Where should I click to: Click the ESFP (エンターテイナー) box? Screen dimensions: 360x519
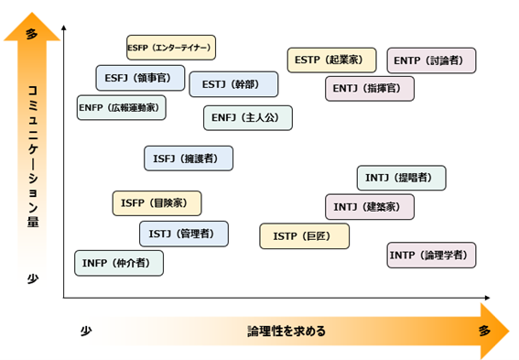[x=170, y=47]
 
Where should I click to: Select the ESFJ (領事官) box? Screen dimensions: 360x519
[x=140, y=79]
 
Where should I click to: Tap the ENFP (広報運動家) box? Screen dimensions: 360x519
[x=122, y=108]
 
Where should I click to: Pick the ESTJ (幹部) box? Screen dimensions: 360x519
[x=233, y=84]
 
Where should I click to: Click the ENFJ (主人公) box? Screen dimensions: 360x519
[x=247, y=118]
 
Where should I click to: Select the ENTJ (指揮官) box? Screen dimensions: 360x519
[x=369, y=89]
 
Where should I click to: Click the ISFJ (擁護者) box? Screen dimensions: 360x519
[x=189, y=158]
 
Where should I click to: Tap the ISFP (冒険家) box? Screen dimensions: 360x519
[x=157, y=203]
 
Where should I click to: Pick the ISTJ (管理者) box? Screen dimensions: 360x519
[x=184, y=235]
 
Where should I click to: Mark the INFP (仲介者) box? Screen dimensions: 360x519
[x=119, y=264]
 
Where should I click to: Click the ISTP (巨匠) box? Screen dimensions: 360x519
[x=304, y=236]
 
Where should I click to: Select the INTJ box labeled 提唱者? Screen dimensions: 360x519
[x=401, y=178]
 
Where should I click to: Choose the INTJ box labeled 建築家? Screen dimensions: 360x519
[x=369, y=207]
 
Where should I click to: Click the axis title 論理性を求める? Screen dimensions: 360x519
[x=287, y=331]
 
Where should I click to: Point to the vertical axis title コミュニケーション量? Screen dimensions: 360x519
[x=33, y=156]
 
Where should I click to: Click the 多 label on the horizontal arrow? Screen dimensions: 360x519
[x=483, y=331]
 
